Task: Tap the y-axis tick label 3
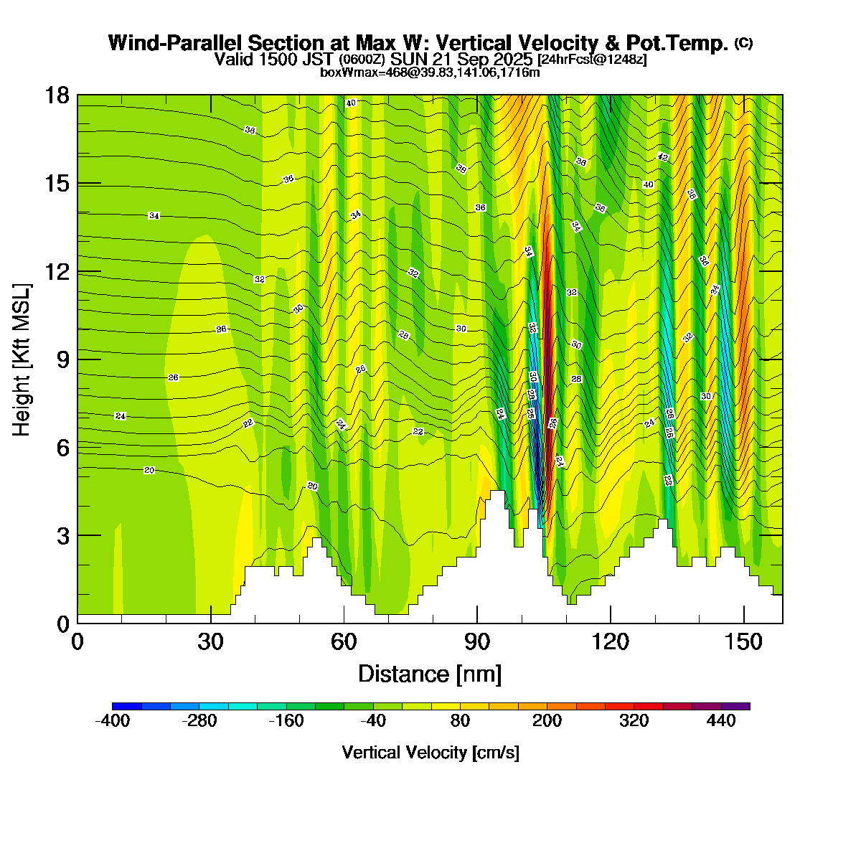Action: tap(62, 535)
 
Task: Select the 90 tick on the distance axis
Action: tap(477, 641)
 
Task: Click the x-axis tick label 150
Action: tap(744, 641)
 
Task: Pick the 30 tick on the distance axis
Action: tap(210, 641)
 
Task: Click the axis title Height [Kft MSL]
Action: tap(22, 359)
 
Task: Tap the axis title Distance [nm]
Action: tap(430, 674)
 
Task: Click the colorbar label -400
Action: tap(113, 722)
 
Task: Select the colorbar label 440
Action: tap(721, 722)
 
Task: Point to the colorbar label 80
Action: tap(460, 722)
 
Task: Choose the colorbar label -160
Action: tap(286, 722)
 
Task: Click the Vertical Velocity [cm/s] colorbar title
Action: tap(430, 753)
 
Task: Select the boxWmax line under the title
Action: tap(430, 72)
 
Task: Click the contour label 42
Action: tap(662, 157)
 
